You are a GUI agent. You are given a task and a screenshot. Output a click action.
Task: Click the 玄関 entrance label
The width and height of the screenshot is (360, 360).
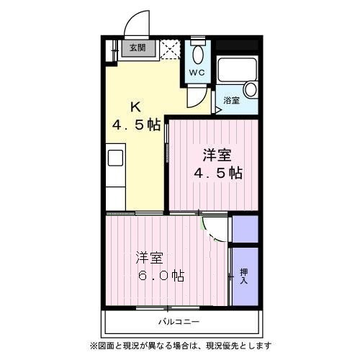pos(137,49)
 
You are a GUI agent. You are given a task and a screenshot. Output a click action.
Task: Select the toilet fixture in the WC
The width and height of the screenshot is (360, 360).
pos(198,53)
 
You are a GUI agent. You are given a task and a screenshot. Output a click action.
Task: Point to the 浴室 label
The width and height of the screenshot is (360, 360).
pos(231,100)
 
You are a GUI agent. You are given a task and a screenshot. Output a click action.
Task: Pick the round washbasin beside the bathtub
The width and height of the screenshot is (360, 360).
pos(250,90)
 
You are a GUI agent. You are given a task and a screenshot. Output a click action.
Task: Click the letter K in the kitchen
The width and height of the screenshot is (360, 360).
pos(134,107)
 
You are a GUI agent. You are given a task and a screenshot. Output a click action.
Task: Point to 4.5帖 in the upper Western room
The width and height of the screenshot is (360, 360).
pos(216,173)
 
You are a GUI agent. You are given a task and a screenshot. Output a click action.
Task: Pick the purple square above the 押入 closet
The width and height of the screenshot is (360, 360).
pos(244,228)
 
